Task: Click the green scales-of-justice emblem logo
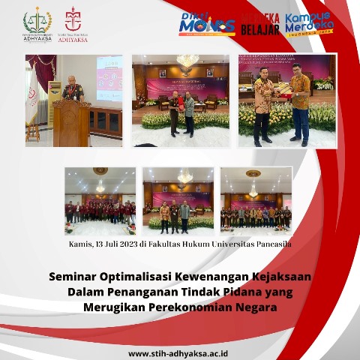[x=37, y=22]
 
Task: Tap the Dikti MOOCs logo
[x=205, y=24]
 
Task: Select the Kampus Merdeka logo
[x=309, y=24]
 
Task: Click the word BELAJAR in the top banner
[x=260, y=29]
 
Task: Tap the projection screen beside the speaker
[x=109, y=77]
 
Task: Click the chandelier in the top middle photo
[x=187, y=61]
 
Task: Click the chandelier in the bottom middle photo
[x=184, y=178]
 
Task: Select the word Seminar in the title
[x=73, y=276]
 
